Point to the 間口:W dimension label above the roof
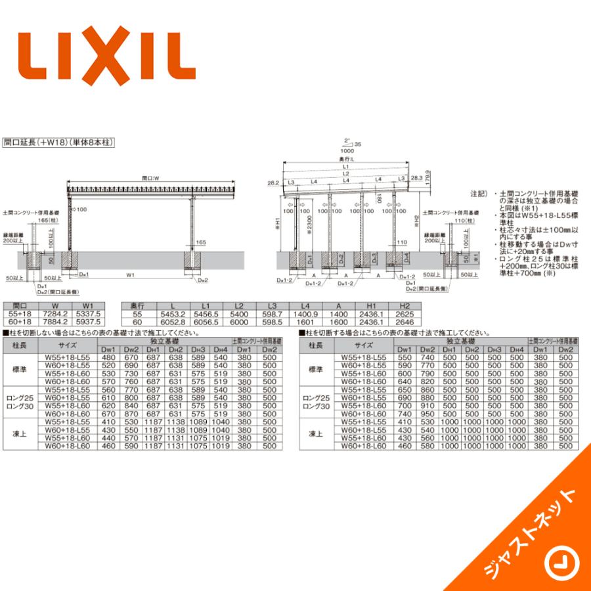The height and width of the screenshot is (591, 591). [x=152, y=178]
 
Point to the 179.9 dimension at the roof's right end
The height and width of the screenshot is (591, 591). [x=426, y=177]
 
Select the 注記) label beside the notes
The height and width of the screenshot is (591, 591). [x=479, y=194]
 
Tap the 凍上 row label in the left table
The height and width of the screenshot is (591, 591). [x=20, y=434]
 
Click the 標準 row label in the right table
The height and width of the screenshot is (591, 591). [x=315, y=370]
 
